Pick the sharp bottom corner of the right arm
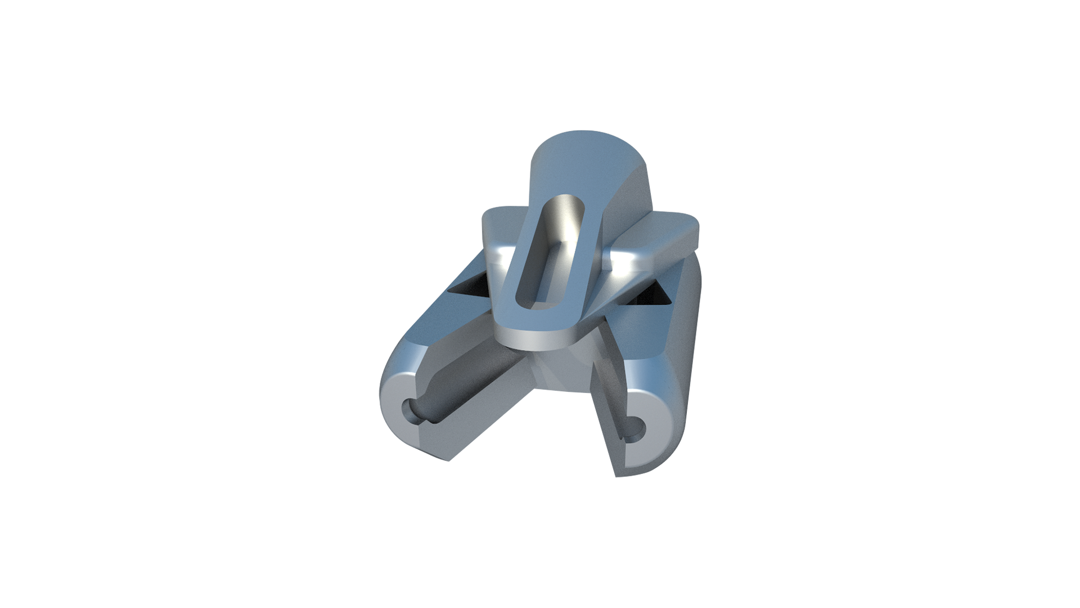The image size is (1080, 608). [617, 476]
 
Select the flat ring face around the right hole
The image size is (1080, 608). [652, 445]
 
